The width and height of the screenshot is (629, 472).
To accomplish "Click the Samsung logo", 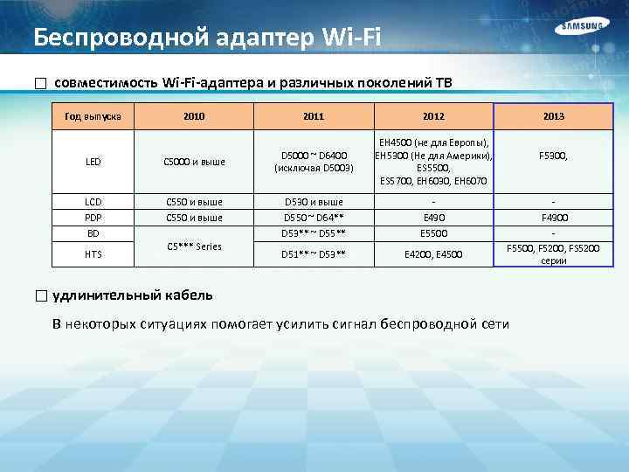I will point(580,28).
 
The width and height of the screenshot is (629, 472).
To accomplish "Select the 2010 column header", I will point(195,115).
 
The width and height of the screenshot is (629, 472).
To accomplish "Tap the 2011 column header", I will point(314,115).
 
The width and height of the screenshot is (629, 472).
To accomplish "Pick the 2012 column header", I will point(432,115).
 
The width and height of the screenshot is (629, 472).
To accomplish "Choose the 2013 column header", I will point(553,115).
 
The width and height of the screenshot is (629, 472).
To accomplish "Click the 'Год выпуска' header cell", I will point(93,115).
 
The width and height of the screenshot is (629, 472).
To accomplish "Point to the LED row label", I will point(93,161).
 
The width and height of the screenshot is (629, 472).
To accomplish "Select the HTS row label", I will point(93,253).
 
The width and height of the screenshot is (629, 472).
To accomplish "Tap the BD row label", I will point(93,233).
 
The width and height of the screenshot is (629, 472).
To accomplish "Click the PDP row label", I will point(93,217).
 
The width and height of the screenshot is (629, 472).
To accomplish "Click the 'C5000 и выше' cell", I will point(195,161).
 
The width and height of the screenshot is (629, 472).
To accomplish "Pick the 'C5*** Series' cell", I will point(195,246).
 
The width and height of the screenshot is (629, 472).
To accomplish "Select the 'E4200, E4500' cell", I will point(432,253).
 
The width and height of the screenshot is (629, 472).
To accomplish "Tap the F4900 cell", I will point(553,217).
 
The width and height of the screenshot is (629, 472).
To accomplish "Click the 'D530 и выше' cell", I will point(314,200).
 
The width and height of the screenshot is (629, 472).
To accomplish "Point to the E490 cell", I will point(432,217).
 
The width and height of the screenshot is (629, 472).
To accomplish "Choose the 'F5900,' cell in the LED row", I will point(553,155).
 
